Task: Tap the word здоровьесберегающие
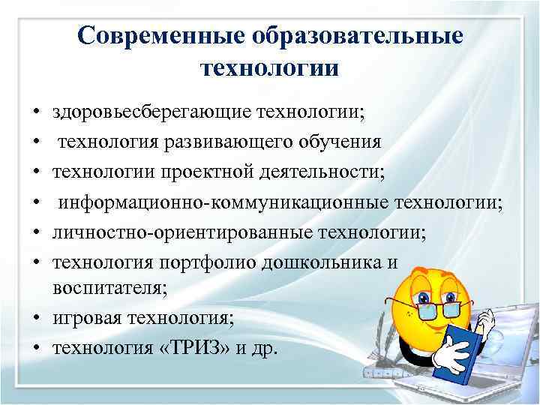coord(150,113)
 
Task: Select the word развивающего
coord(229,142)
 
